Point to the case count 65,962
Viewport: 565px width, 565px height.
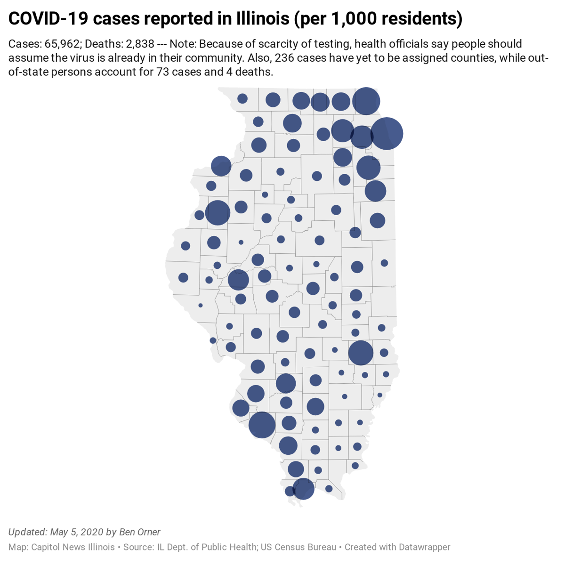coord(62,44)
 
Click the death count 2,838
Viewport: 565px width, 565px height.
coord(140,44)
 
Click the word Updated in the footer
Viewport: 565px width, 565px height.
coord(27,532)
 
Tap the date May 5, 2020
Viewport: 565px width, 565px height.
coord(76,532)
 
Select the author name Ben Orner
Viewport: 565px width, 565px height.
coord(139,532)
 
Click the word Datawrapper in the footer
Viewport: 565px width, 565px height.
coord(424,547)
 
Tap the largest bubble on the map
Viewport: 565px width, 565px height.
coord(387,134)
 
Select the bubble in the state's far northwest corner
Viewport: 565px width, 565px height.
coord(242,98)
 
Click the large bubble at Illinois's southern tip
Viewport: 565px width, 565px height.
coord(303,488)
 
